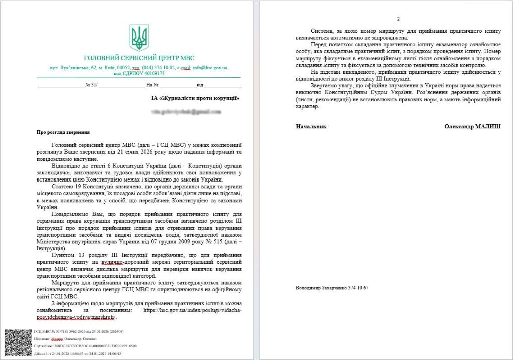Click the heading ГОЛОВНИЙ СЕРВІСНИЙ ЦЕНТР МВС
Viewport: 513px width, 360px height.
140,58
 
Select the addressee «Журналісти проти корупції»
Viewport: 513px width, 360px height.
199,98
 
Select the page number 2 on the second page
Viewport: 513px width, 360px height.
398,19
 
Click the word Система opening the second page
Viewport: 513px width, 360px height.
323,31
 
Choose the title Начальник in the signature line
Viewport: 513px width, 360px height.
311,126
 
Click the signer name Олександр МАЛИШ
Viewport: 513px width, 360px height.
472,126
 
